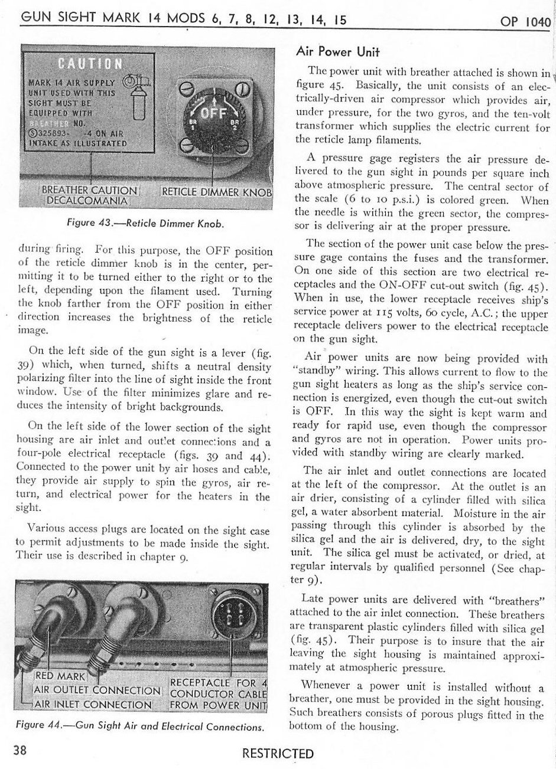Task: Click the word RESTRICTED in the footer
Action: point(278,754)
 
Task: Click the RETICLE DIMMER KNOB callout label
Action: point(217,192)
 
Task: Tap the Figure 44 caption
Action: point(139,727)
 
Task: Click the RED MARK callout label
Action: point(61,676)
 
